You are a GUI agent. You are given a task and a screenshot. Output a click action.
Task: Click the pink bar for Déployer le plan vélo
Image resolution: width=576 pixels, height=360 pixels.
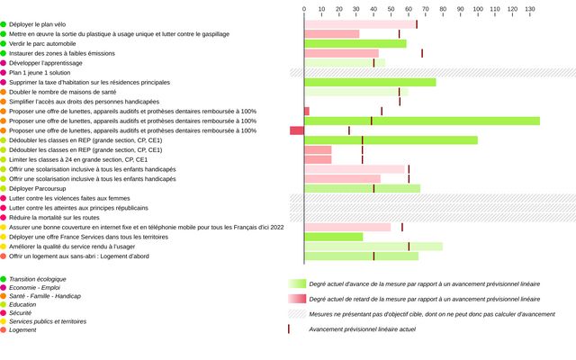[x=360, y=24]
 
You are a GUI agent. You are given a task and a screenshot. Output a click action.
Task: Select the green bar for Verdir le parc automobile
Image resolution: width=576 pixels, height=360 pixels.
[x=355, y=43]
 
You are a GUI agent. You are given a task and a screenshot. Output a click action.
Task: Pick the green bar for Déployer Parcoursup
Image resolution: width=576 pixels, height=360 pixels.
[x=362, y=188]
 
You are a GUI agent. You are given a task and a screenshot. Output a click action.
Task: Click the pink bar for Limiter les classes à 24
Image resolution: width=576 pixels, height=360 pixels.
[x=318, y=159]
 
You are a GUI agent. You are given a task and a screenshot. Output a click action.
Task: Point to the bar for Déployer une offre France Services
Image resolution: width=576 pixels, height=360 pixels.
[x=334, y=237]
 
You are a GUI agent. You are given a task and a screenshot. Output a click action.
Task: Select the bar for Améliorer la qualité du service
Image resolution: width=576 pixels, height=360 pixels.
[x=373, y=247]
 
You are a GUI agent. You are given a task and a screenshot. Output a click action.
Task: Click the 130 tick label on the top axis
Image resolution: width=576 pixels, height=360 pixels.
[x=529, y=8]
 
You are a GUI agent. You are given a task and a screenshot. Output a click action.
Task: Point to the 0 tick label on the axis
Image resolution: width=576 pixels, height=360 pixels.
[x=304, y=8]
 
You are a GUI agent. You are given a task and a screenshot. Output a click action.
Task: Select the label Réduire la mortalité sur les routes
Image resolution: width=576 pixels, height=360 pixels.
[x=54, y=218]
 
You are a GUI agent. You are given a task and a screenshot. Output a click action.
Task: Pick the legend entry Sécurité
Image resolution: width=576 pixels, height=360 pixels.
[x=22, y=313]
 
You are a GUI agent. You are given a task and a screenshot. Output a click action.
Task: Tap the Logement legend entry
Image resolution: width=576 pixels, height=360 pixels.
[x=23, y=330]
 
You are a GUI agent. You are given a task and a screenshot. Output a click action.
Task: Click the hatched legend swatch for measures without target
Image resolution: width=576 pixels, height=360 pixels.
[x=296, y=314]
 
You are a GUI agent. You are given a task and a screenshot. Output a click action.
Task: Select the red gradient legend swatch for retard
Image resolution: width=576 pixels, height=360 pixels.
[x=296, y=299]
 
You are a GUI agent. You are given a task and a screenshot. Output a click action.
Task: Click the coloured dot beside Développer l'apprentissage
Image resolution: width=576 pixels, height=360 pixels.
[x=4, y=63]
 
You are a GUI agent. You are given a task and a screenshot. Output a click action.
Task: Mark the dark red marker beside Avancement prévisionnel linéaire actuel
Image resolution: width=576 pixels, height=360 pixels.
[x=288, y=329]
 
